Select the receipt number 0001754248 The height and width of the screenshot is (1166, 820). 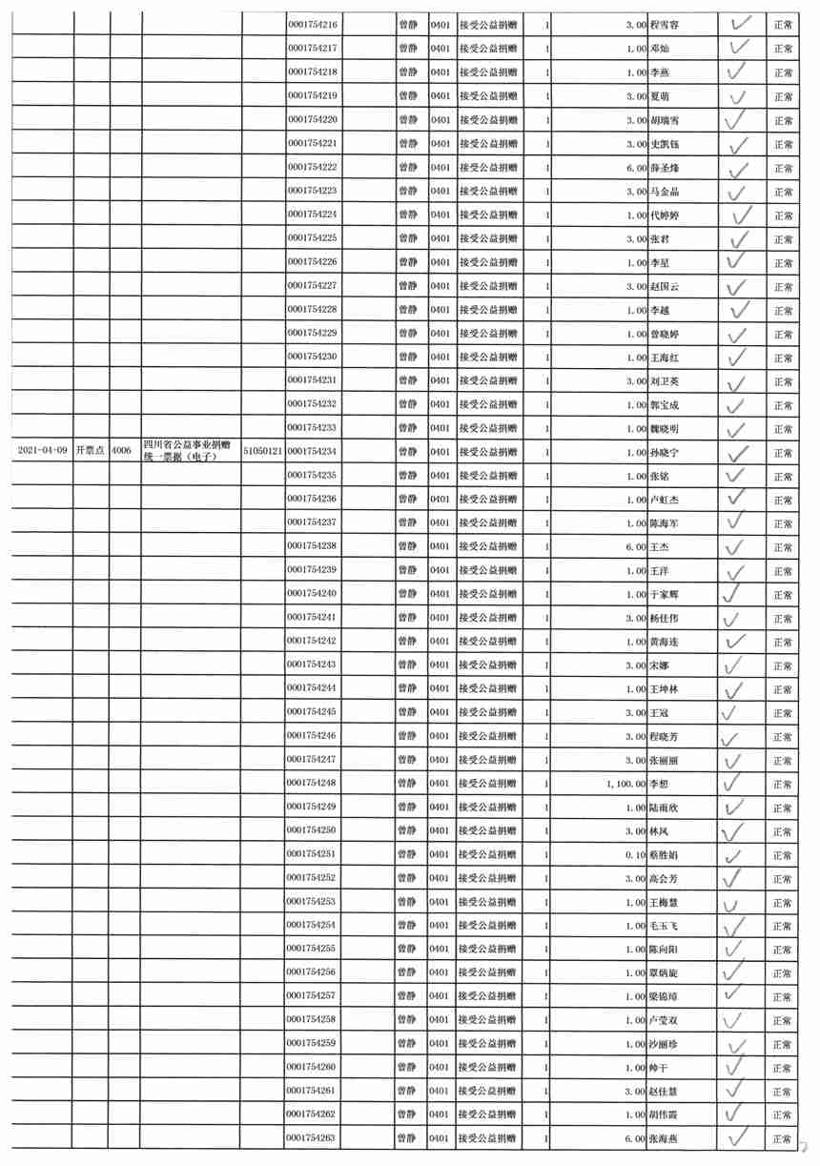312,784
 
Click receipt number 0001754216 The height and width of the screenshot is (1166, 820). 312,26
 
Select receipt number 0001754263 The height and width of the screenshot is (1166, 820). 312,1138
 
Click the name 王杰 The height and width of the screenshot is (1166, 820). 659,547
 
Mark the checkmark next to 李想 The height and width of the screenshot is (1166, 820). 734,782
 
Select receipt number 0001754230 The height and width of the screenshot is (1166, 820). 312,358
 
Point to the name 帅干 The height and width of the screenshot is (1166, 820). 659,1068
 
